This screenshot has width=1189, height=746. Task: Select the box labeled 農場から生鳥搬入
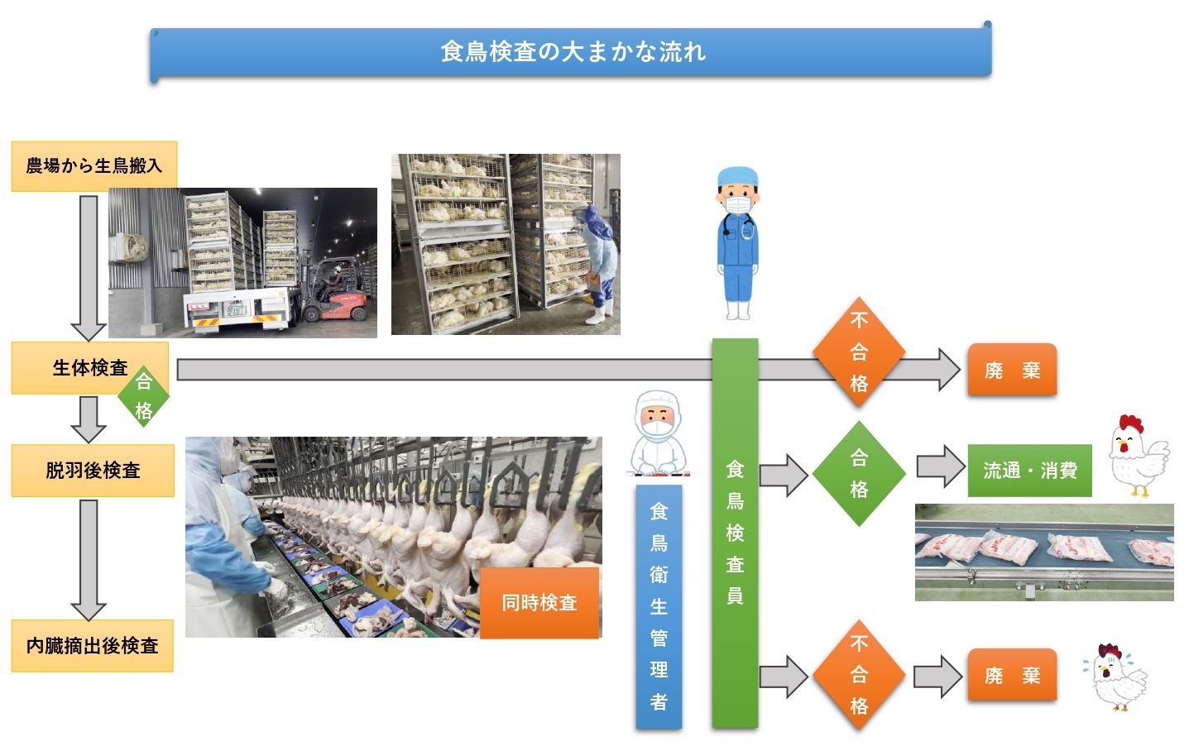tap(93, 166)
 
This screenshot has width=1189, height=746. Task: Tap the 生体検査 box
tap(89, 367)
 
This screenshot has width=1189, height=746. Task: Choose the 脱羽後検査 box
tap(93, 471)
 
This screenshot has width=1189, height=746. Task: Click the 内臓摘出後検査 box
tap(92, 646)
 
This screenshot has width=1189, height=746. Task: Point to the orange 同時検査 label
tap(539, 603)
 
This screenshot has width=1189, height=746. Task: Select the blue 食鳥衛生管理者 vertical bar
tap(659, 606)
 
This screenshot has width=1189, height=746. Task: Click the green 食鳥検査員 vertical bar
tap(735, 533)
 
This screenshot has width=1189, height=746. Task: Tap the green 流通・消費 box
tap(1029, 471)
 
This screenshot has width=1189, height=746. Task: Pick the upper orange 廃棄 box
tap(1012, 371)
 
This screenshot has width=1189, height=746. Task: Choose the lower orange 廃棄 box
tap(1012, 676)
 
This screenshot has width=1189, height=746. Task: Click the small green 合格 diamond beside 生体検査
tap(144, 396)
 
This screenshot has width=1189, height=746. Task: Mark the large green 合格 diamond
tap(859, 474)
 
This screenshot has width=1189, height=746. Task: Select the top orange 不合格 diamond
tap(859, 351)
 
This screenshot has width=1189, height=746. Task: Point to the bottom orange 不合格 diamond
tap(859, 675)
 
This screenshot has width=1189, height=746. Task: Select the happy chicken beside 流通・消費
tap(1137, 456)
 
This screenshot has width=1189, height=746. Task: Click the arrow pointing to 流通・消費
tap(940, 467)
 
